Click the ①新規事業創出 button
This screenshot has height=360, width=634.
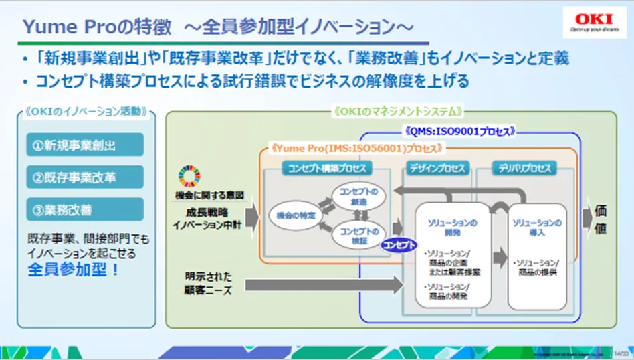(85, 145)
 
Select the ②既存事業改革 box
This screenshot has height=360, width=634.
(85, 177)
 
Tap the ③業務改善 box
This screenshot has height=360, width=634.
(85, 210)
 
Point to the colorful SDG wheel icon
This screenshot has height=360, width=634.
(189, 176)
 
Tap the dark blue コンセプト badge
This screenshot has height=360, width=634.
(399, 245)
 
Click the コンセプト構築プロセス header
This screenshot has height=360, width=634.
(324, 168)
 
